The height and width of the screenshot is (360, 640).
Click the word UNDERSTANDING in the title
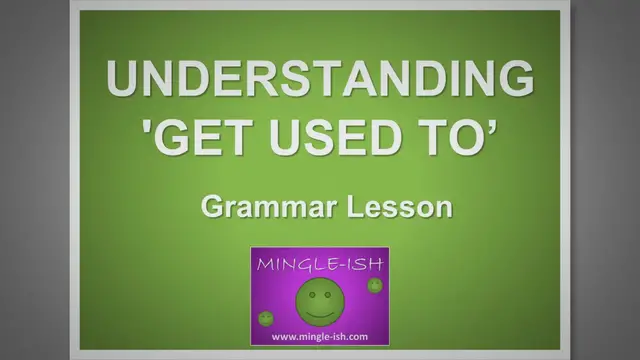tap(319, 79)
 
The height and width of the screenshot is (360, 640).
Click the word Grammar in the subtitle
tap(256, 208)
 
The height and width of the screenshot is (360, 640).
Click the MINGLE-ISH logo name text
tap(319, 265)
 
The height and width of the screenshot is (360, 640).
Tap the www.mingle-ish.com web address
tap(319, 337)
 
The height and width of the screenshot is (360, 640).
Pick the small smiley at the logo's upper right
tap(375, 286)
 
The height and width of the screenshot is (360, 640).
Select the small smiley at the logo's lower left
tap(266, 319)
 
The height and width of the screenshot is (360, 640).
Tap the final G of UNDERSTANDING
tap(513, 79)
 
